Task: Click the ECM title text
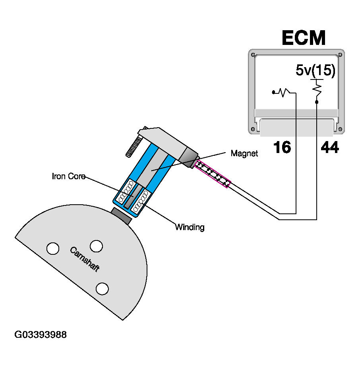pos(304,38)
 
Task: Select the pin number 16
pos(282,148)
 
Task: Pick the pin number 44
pos(329,148)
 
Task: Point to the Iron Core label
pos(69,176)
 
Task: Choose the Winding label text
pos(190,227)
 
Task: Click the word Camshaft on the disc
pos(84,259)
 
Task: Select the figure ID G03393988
pos(41,335)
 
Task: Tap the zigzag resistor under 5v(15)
pos(317,88)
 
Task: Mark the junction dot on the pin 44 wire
pos(317,102)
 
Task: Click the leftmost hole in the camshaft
pos(52,248)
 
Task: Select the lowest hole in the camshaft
pos(103,288)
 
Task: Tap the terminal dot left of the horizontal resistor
pos(273,93)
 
